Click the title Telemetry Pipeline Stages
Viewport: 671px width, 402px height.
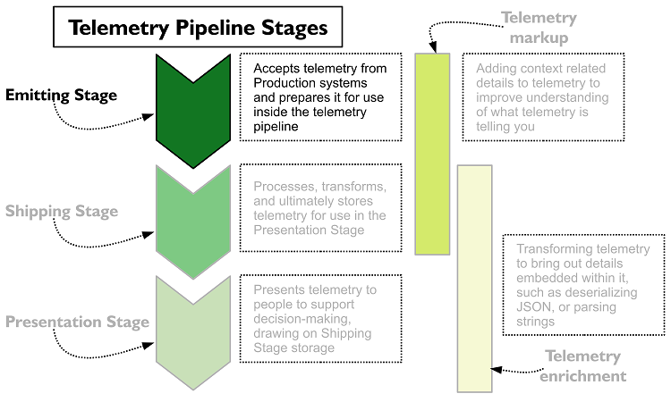point(199,29)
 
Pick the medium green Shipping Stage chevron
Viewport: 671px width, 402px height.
point(193,219)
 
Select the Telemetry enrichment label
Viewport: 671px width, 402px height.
point(582,366)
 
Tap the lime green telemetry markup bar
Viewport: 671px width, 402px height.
point(432,154)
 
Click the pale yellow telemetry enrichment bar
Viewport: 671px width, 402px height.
point(474,277)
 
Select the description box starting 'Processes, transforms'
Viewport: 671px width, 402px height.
point(319,208)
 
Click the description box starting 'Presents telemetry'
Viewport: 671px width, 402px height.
point(319,319)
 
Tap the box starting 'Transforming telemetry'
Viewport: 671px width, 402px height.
point(583,285)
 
